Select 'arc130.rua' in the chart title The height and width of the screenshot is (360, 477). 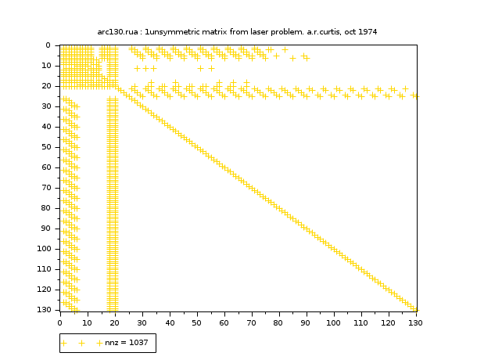[118, 32]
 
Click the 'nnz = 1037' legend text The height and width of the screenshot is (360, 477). [128, 343]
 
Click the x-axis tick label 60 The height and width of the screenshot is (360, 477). [224, 320]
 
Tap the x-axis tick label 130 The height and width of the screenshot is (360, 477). [415, 320]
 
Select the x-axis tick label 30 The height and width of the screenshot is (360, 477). [142, 320]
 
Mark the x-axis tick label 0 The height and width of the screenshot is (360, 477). [59, 320]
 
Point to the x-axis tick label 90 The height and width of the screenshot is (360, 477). [306, 320]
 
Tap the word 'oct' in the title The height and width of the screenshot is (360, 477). [346, 32]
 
